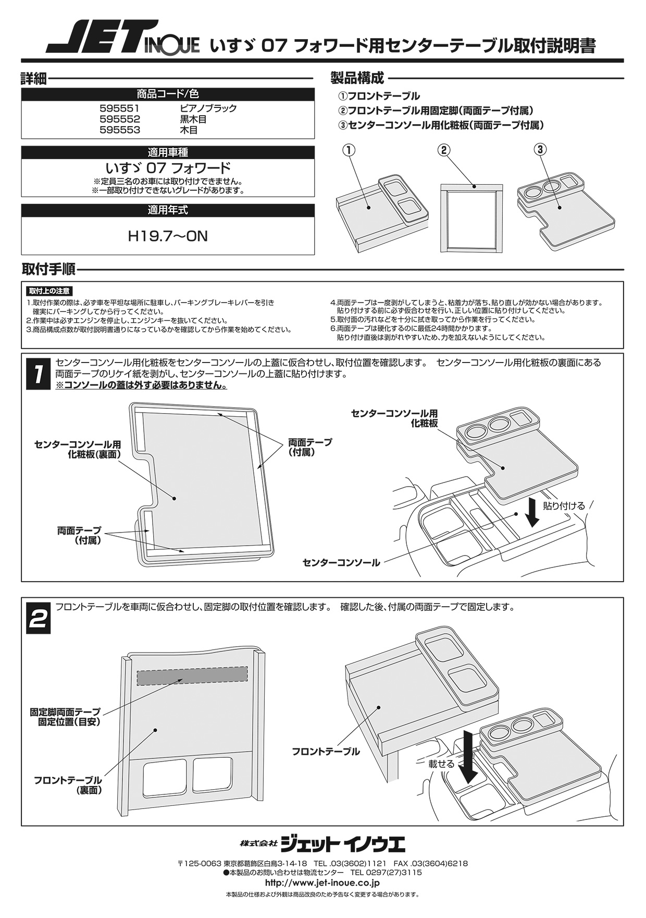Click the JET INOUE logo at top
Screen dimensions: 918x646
click(122, 38)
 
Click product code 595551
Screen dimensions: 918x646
click(120, 108)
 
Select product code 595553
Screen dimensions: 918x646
click(120, 130)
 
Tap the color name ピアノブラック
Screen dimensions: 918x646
click(208, 108)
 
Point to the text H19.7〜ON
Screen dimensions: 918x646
click(168, 237)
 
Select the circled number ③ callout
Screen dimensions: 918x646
click(540, 150)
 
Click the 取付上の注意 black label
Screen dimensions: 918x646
click(49, 291)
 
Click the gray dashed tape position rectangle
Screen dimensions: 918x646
click(192, 675)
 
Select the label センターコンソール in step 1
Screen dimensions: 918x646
click(341, 563)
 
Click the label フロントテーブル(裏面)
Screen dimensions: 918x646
click(68, 785)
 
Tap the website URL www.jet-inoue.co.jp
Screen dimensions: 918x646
click(322, 883)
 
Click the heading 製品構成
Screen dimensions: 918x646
click(357, 79)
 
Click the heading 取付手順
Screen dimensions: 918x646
click(48, 270)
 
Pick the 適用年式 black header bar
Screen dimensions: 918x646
click(168, 211)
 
